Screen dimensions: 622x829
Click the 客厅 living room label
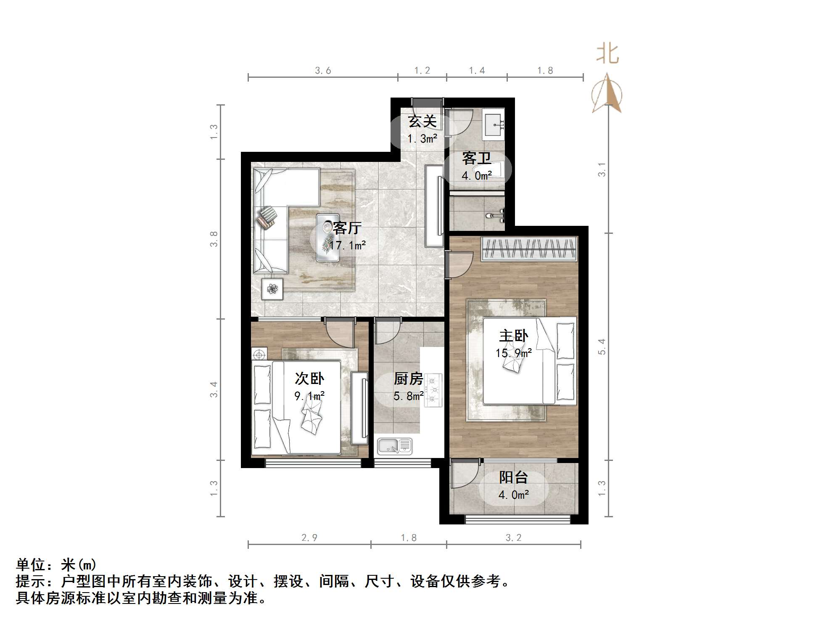click(x=347, y=228)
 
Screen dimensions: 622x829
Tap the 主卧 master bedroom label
click(x=513, y=336)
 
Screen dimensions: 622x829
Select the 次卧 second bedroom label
click(x=309, y=378)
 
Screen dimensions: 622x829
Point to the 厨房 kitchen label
click(x=408, y=379)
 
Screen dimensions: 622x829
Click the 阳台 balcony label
click(x=513, y=477)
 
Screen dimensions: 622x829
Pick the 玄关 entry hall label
click(x=422, y=122)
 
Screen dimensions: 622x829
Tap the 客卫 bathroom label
click(x=476, y=159)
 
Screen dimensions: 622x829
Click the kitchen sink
click(x=394, y=446)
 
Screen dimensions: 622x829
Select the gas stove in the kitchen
click(x=433, y=390)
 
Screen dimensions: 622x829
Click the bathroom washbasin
click(x=493, y=125)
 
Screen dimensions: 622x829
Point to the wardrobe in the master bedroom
click(x=529, y=249)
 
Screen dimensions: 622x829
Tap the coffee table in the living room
click(x=328, y=238)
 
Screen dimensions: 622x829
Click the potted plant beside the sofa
click(x=272, y=289)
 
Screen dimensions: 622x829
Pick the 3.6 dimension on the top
click(x=323, y=71)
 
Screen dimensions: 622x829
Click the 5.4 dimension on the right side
click(x=602, y=347)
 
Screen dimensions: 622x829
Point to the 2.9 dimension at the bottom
click(x=309, y=537)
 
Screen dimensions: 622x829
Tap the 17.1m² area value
click(x=347, y=245)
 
